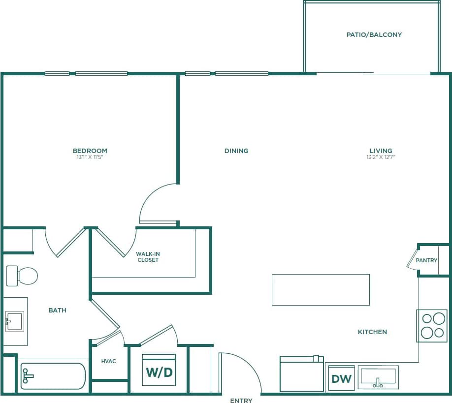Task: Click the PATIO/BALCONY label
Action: point(374,35)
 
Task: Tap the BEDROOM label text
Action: point(90,151)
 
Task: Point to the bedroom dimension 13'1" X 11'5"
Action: point(90,157)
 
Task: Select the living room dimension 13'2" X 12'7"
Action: point(381,157)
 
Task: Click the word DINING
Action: point(236,151)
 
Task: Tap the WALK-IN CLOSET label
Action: point(148,257)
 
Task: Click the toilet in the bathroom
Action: point(22,276)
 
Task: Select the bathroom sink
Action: point(14,321)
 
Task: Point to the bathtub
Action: point(53,376)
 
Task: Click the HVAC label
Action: point(109,361)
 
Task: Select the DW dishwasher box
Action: point(341,378)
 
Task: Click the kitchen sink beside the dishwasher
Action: point(378,377)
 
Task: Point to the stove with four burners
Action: point(432,325)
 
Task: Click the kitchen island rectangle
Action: point(321,289)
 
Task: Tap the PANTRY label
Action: point(426,260)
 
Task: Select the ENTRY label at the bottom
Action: point(241,400)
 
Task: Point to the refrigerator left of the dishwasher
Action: point(301,374)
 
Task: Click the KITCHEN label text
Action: point(372,332)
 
